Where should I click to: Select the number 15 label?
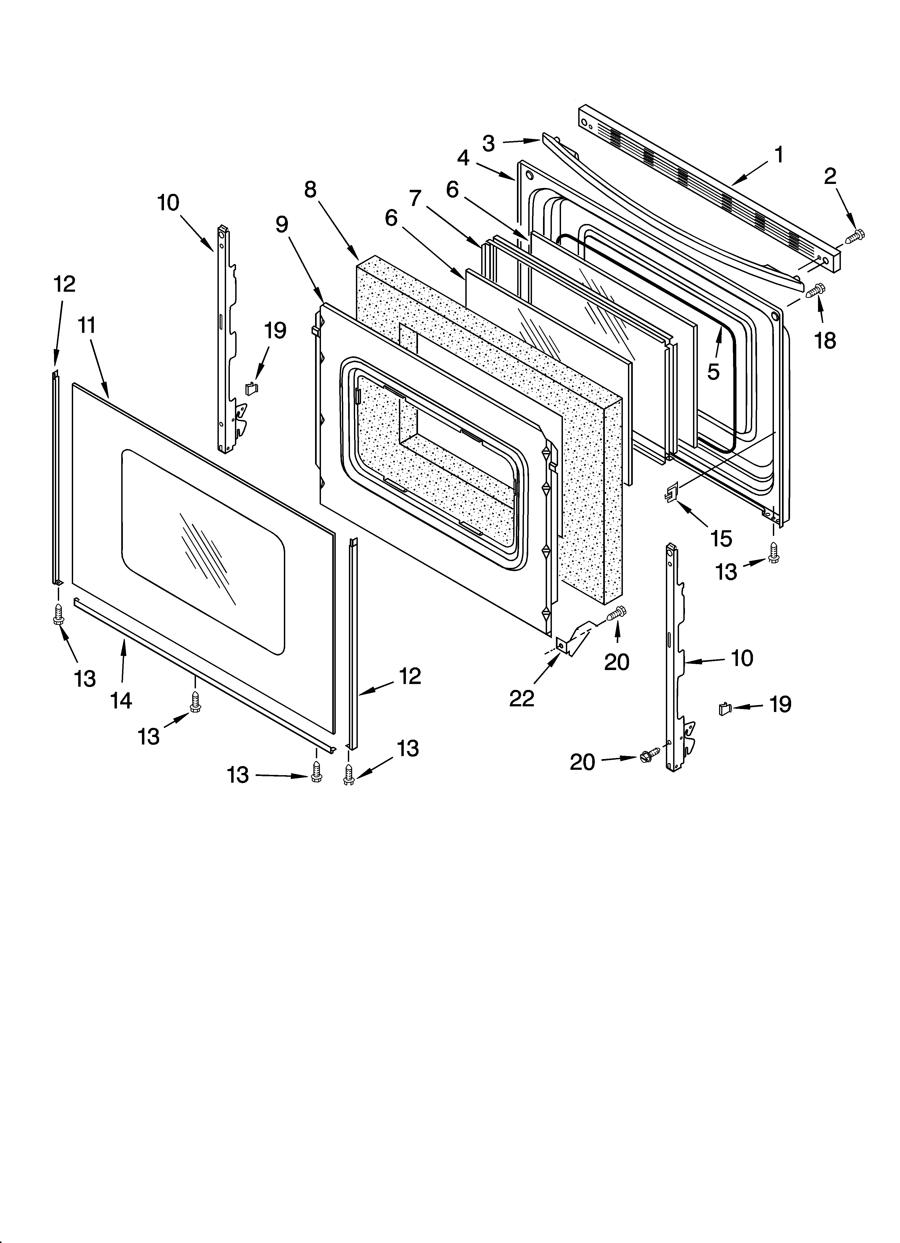pyautogui.click(x=721, y=539)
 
